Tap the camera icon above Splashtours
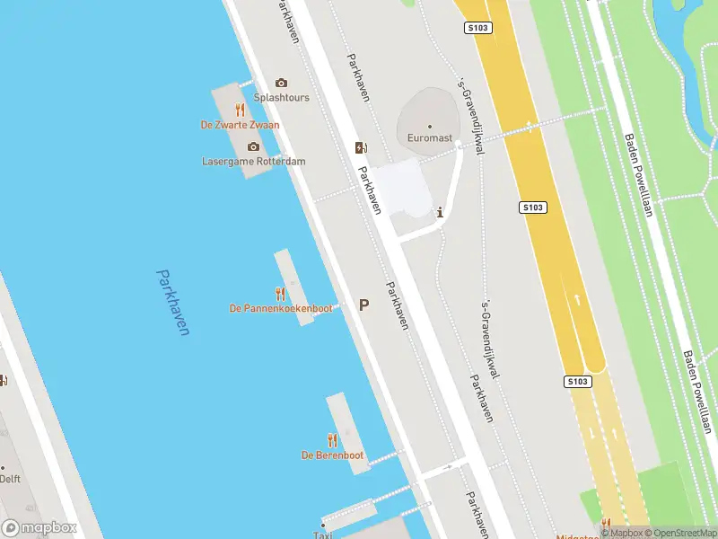pyautogui.click(x=281, y=84)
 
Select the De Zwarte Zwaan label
pyautogui.click(x=240, y=125)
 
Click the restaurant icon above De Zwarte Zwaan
pyautogui.click(x=240, y=110)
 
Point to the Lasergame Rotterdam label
pyautogui.click(x=253, y=162)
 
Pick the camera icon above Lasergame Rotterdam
pyautogui.click(x=253, y=147)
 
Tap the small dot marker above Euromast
pyautogui.click(x=429, y=127)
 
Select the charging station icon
pyautogui.click(x=361, y=148)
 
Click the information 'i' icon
pyautogui.click(x=440, y=213)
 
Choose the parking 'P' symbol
pyautogui.click(x=363, y=305)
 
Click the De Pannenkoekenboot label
pyautogui.click(x=280, y=308)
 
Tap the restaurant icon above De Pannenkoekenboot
pyautogui.click(x=280, y=293)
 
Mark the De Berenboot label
pyautogui.click(x=332, y=455)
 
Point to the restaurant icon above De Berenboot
pyautogui.click(x=332, y=440)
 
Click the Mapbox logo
pyautogui.click(x=39, y=528)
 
